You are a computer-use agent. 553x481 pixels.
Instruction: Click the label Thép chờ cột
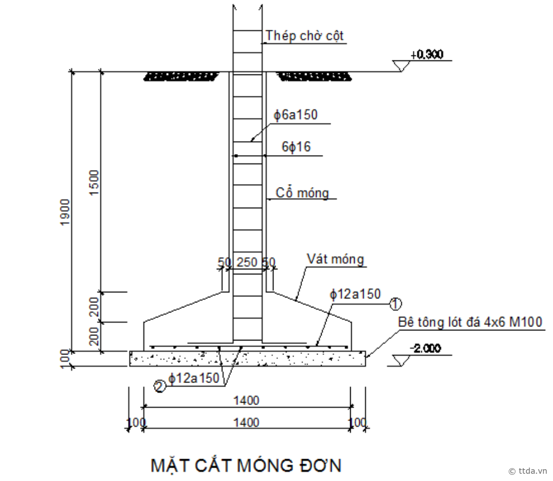(304, 36)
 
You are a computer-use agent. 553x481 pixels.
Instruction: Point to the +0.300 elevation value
(426, 55)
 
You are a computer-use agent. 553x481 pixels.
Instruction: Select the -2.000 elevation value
(425, 348)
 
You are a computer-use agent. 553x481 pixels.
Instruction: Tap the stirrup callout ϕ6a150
(295, 115)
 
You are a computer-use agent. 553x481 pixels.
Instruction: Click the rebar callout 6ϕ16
(296, 147)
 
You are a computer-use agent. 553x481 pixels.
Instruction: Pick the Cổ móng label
(302, 193)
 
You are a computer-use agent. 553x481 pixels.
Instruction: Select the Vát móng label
(335, 259)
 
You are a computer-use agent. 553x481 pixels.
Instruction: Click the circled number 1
(396, 303)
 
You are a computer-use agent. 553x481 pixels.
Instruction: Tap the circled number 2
(160, 387)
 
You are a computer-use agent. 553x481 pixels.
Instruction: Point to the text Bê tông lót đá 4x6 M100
(470, 322)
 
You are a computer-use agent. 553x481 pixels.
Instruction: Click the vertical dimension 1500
(94, 183)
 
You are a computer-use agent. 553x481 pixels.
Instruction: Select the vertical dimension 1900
(65, 212)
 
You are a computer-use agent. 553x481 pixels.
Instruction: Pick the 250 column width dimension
(247, 263)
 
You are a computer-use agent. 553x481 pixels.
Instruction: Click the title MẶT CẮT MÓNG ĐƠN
(246, 465)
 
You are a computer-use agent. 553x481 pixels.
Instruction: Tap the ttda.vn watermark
(528, 471)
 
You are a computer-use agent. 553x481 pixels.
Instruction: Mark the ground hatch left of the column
(182, 76)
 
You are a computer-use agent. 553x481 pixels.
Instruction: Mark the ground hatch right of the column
(314, 76)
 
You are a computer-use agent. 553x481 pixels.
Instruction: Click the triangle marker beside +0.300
(401, 66)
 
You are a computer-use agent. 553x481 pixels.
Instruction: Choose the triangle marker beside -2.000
(401, 360)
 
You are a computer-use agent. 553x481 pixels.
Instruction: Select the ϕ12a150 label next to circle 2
(194, 379)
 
